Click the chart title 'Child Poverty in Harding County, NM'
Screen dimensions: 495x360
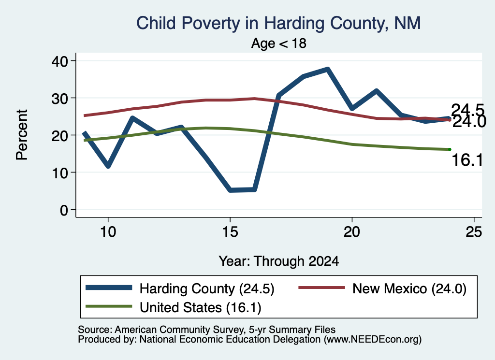(278, 23)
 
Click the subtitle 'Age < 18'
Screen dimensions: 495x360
(279, 43)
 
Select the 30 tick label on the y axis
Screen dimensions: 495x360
(59, 98)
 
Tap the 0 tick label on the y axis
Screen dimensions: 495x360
(64, 210)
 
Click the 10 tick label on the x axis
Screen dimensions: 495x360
(108, 232)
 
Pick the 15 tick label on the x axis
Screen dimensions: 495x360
(230, 232)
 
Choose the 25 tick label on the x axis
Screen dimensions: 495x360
(474, 232)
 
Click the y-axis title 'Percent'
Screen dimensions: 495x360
(22, 135)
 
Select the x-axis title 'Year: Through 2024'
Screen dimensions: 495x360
(279, 261)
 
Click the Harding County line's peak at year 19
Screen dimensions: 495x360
(328, 69)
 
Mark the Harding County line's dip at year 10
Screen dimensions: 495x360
(108, 166)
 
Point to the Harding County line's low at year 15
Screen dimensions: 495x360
(231, 190)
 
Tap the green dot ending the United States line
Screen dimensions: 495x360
(449, 149)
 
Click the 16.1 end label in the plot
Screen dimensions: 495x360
(467, 160)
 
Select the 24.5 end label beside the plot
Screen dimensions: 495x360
(467, 110)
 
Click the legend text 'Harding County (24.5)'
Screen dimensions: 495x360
(207, 288)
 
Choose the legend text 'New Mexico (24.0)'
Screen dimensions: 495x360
(409, 288)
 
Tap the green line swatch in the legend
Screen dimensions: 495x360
(109, 306)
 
